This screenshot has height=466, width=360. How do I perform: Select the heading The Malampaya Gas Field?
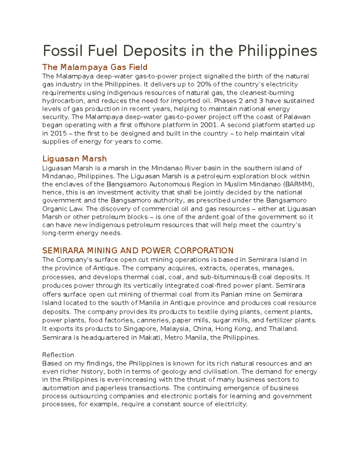pyautogui.click(x=95, y=67)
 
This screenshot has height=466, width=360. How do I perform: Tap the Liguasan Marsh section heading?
pyautogui.click(x=74, y=158)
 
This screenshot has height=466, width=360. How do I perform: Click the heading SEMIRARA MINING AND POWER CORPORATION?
pyautogui.click(x=138, y=250)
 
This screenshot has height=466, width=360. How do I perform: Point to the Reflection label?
pyautogui.click(x=58, y=355)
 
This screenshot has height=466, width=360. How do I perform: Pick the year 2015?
pyautogui.click(x=58, y=133)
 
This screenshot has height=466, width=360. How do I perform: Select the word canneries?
pyautogui.click(x=152, y=320)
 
